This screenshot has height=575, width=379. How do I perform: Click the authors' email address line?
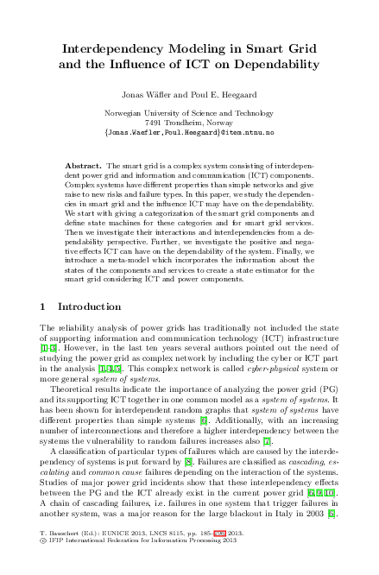coord(189,133)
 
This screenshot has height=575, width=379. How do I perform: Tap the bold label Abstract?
coord(83,164)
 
